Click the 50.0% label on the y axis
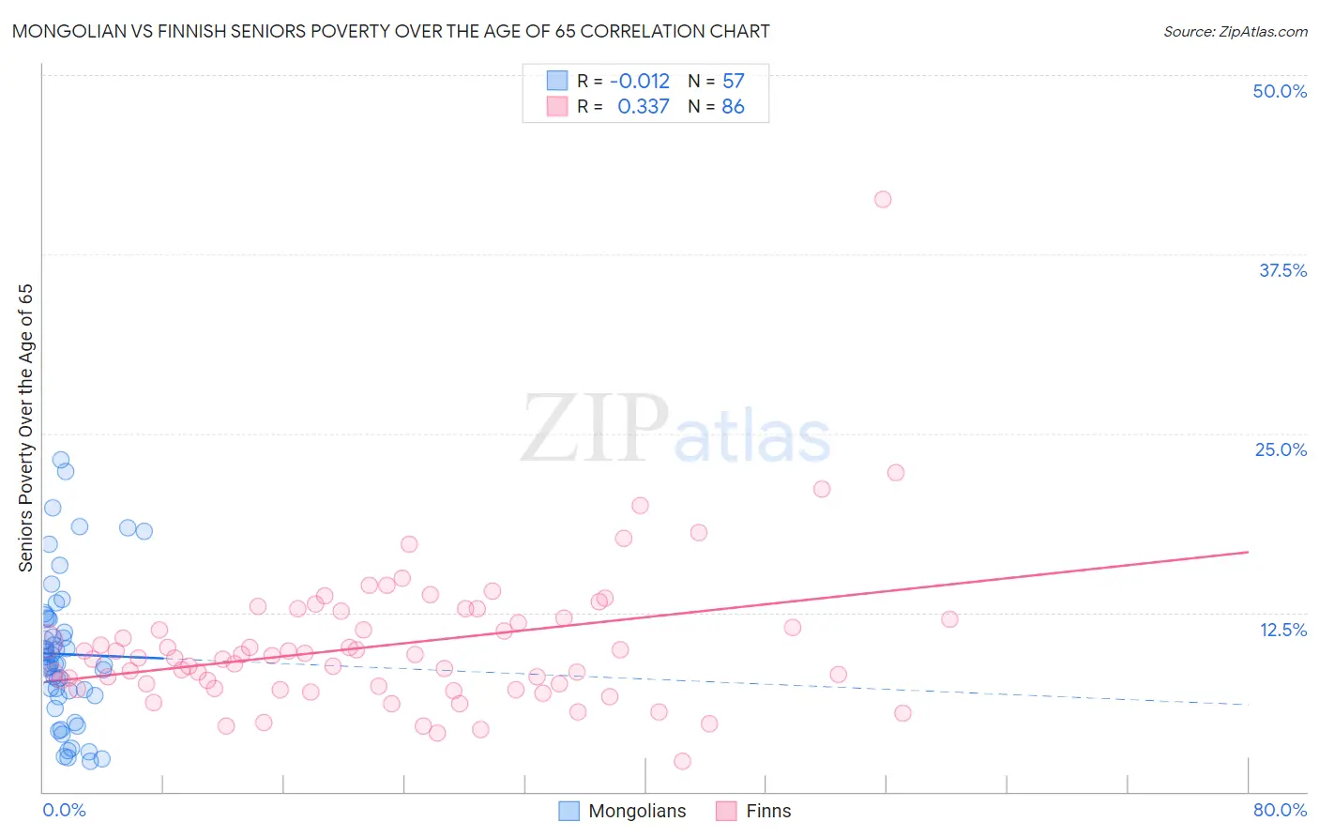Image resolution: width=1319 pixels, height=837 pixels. click(x=1280, y=91)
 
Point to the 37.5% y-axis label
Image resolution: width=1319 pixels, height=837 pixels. click(x=1282, y=270)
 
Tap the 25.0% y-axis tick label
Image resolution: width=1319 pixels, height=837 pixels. click(x=1281, y=449)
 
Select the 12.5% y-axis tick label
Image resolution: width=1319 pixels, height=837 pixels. click(x=1282, y=630)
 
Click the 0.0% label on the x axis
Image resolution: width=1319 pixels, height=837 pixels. click(x=64, y=810)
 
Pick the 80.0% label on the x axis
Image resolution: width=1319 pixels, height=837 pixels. click(x=1280, y=810)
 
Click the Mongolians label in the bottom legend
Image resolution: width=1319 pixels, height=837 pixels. click(x=637, y=811)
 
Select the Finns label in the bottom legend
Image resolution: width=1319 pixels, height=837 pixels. click(x=768, y=811)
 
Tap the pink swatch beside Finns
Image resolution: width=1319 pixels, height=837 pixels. click(x=726, y=811)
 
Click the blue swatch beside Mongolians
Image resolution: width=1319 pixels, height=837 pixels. click(x=569, y=811)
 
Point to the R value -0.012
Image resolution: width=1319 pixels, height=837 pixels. click(x=640, y=81)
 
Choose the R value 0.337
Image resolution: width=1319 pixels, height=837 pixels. click(x=644, y=107)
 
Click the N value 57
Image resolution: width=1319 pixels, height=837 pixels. click(x=733, y=81)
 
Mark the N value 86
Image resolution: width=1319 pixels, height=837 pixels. click(x=733, y=107)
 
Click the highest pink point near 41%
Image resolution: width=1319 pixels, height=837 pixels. click(x=883, y=199)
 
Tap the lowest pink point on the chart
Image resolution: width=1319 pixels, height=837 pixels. click(x=682, y=761)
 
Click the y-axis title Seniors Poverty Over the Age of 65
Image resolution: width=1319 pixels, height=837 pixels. click(x=25, y=428)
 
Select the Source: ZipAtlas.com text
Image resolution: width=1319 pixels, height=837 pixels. click(x=1235, y=32)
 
